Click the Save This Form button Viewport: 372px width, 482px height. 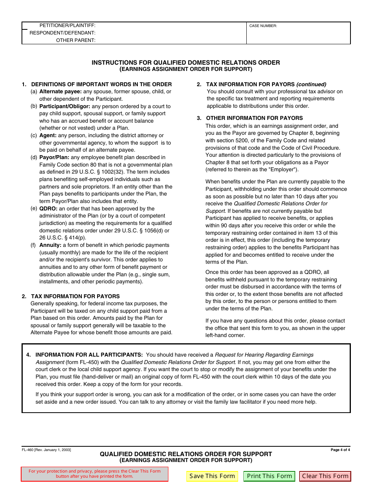pos(212,476)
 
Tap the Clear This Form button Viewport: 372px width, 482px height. pos(325,476)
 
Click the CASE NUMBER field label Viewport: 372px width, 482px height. pos(263,26)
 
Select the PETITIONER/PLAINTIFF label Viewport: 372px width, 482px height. pos(67,25)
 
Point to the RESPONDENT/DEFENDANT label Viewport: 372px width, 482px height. pos(63,33)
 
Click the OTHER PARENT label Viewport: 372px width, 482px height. pos(76,40)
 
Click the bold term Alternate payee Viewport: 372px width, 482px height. pos(60,92)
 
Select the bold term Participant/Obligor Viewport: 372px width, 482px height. pos(65,106)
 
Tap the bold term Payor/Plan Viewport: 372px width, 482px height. pos(54,158)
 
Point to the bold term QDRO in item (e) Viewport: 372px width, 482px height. pos(48,209)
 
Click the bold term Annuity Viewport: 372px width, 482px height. pos(50,245)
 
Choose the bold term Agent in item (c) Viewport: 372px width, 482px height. pos(48,136)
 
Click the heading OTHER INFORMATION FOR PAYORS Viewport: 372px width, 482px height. pos(254,118)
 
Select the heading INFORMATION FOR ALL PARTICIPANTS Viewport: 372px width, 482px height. pos(89,355)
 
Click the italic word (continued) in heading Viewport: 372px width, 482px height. pos(311,84)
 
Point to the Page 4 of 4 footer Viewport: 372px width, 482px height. pos(340,450)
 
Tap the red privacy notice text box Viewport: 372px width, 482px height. pos(94,474)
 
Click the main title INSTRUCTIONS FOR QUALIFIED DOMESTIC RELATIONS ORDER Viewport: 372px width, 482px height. pos(186,63)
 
